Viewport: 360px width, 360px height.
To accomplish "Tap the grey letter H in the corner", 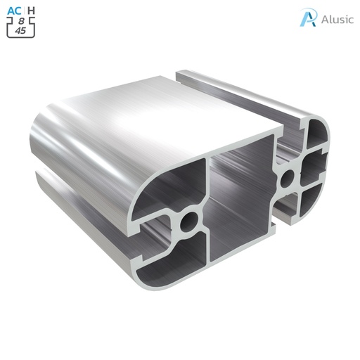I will coord(30,10).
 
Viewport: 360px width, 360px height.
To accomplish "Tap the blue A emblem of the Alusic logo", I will coord(307,18).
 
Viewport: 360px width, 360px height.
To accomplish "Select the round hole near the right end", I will coord(287,179).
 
